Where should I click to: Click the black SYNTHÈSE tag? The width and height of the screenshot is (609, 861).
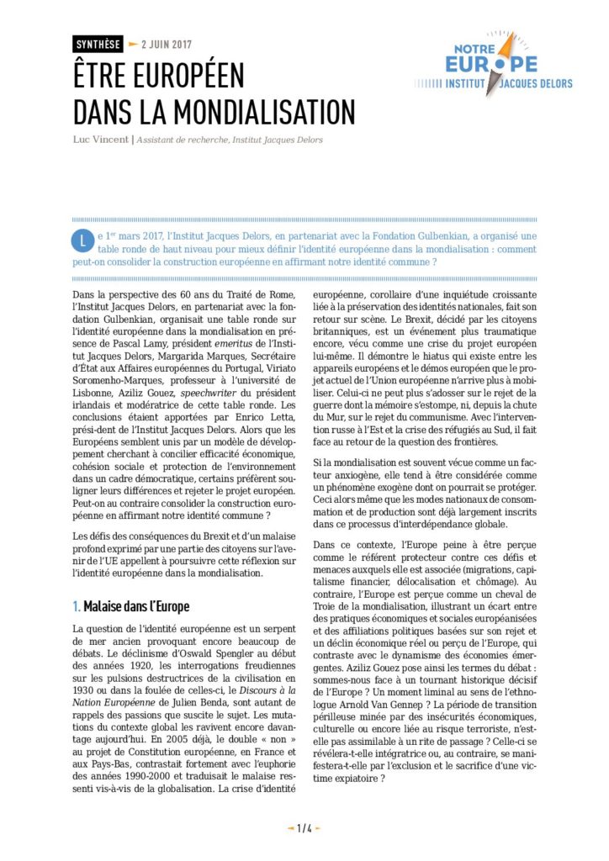point(98,44)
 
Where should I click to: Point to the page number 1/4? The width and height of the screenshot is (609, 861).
point(304,829)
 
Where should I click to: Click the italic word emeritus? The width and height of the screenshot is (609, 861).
point(231,341)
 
